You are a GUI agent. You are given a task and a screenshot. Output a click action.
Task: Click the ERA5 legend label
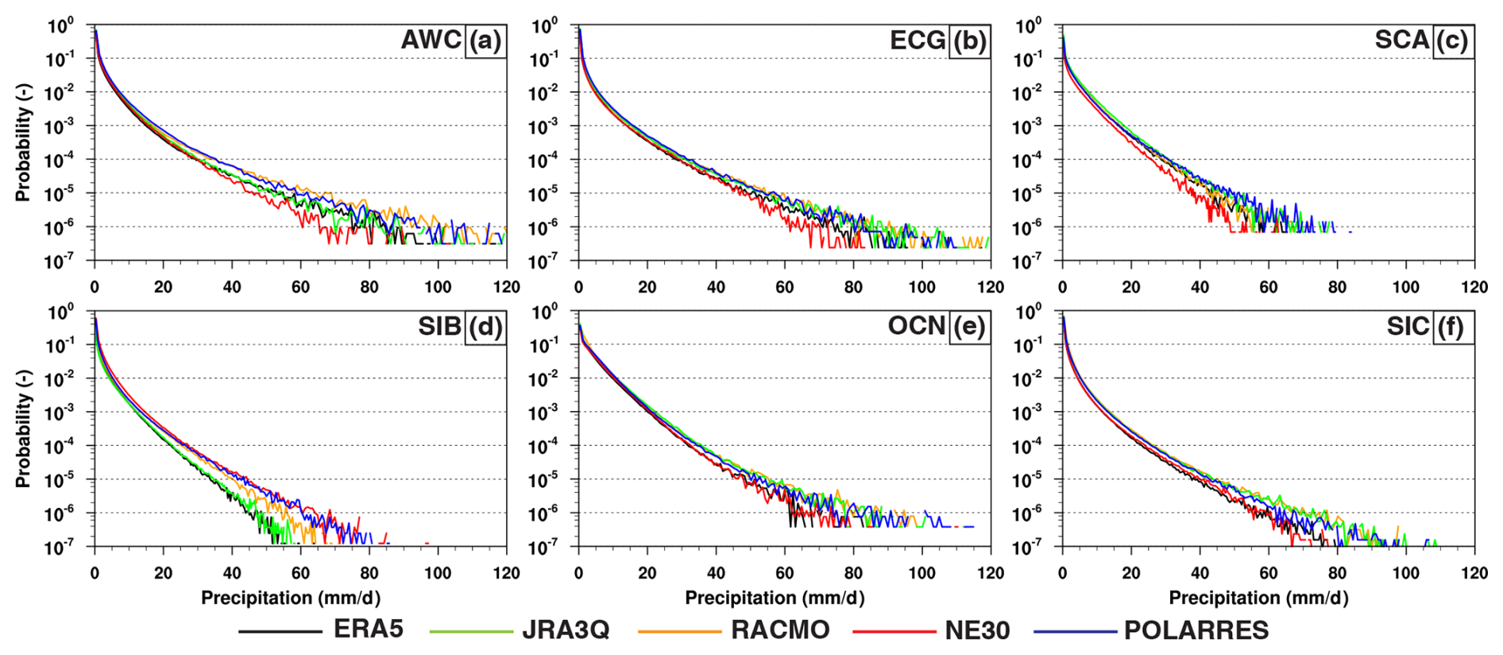click(368, 630)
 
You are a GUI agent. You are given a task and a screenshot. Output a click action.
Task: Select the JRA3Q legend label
click(565, 630)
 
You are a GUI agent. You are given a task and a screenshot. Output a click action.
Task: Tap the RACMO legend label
click(779, 630)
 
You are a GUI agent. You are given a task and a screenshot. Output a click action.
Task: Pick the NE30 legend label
click(977, 630)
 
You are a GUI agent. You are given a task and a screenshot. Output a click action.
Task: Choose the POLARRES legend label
click(1196, 630)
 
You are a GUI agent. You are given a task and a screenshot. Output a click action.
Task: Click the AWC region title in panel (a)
click(431, 40)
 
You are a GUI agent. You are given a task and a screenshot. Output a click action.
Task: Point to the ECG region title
click(918, 40)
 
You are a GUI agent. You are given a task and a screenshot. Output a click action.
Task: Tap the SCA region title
click(1402, 40)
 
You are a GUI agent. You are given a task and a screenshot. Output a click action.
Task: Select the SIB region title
click(439, 326)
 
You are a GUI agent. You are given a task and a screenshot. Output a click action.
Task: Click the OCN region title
click(916, 326)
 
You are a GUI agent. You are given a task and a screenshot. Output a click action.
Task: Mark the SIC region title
click(1408, 326)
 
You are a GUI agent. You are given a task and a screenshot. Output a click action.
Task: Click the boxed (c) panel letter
click(1453, 41)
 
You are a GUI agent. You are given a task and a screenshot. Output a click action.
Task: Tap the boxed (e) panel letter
click(968, 327)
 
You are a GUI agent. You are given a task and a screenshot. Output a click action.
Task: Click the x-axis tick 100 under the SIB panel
click(438, 573)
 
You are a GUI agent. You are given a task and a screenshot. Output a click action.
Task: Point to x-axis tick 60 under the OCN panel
click(785, 573)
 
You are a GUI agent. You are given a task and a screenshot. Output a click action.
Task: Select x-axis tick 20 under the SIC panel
click(1131, 573)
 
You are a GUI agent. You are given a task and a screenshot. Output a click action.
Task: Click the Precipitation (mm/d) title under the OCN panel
click(775, 598)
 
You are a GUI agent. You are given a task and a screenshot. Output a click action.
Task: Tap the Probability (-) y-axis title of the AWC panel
click(23, 143)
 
